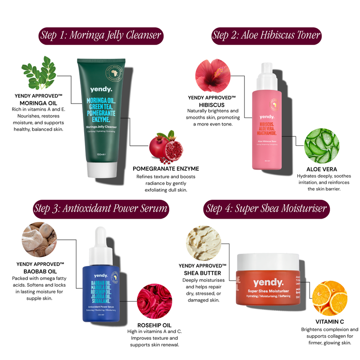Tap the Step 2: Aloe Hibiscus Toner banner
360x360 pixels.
click(x=266, y=35)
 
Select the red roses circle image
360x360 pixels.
click(x=153, y=301)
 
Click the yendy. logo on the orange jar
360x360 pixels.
click(x=268, y=283)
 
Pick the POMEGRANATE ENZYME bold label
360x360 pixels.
click(x=166, y=169)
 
